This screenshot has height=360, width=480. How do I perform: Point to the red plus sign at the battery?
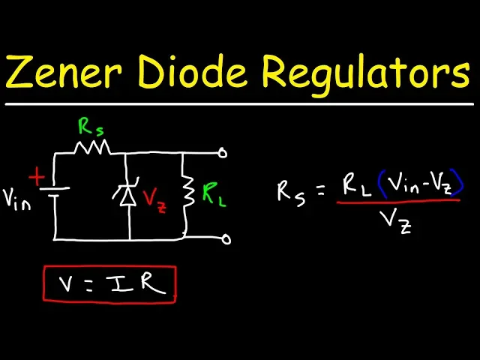pos(36,177)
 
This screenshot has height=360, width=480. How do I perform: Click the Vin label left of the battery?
pos(16,199)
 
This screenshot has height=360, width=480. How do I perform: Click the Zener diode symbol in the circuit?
pos(127,196)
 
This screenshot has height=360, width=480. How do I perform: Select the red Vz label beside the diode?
pos(154,199)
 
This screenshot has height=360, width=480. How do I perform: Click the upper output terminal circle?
pos(223,152)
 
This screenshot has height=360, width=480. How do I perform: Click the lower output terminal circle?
pos(225,240)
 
